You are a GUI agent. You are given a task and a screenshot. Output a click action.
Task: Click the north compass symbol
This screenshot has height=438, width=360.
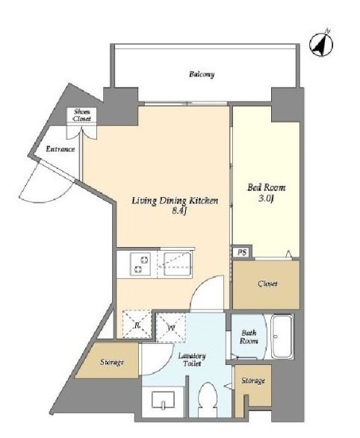321,45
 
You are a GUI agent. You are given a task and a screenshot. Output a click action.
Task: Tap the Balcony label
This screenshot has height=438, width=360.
202,75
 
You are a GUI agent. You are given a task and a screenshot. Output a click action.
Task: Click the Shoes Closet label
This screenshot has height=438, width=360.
82,115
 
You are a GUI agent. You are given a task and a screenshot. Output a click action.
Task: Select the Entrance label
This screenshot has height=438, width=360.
60,149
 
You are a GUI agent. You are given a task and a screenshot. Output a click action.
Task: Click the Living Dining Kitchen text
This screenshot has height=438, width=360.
175,201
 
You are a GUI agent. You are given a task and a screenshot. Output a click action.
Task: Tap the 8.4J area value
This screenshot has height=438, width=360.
179,211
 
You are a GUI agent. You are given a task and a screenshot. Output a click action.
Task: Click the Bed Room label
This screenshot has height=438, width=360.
267,187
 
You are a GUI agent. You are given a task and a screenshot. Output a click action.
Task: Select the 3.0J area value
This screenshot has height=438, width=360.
266,198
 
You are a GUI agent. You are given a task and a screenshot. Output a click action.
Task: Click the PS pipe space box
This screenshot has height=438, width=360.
242,252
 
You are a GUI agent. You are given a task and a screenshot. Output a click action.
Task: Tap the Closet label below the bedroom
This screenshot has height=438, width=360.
268,284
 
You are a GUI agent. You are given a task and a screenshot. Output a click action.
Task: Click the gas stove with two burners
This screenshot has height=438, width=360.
140,264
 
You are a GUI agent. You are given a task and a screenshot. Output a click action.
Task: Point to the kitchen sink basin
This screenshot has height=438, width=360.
175,263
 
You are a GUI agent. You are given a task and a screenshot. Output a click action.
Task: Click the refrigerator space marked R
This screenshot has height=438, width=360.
137,325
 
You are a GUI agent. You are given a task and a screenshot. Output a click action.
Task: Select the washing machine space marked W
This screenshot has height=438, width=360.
171,328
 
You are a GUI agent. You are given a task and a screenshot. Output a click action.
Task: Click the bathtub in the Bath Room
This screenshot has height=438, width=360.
282,337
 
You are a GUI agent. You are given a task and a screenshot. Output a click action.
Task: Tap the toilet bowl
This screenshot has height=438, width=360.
208,395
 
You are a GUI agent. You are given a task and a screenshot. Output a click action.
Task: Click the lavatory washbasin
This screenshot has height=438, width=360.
164,400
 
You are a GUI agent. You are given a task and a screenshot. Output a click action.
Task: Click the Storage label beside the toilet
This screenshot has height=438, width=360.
253,381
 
